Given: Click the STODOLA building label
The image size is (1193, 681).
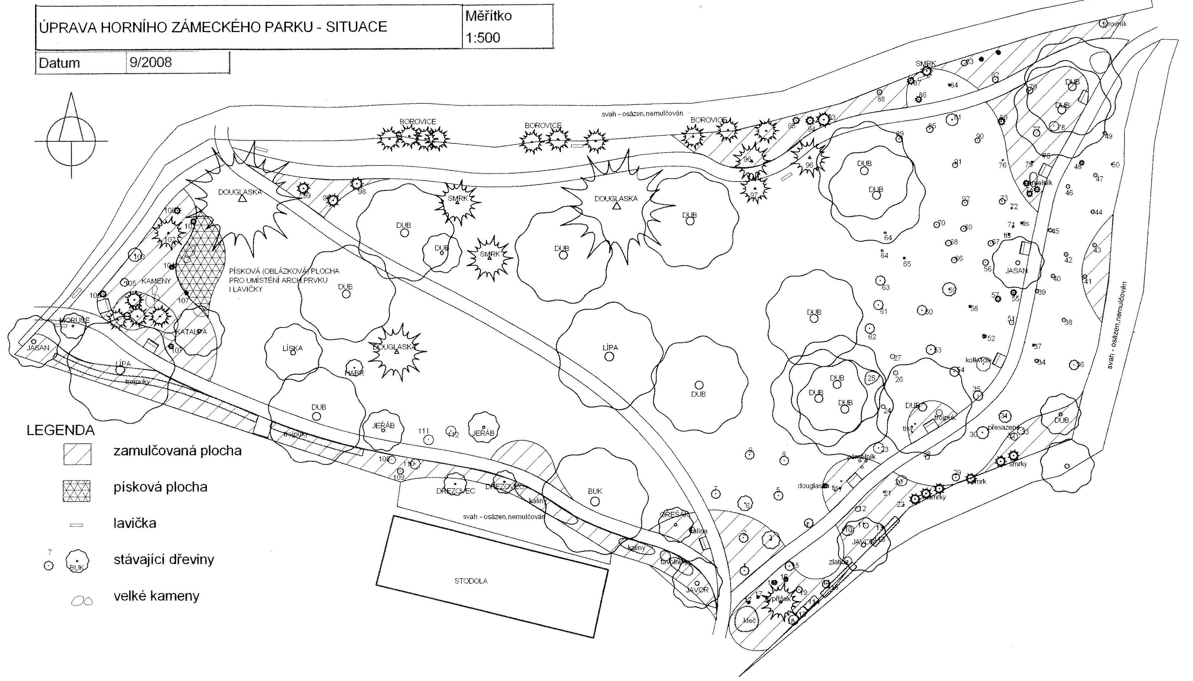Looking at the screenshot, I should point(471,581).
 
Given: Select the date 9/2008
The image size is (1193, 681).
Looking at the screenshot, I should point(151,62).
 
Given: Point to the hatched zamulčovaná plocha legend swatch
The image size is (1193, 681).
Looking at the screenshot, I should point(77,454).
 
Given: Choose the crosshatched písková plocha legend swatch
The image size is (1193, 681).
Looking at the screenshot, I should point(77,491).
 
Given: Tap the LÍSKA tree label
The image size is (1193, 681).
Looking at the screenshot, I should point(293,348).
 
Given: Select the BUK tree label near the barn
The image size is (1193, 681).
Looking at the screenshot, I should point(595,491).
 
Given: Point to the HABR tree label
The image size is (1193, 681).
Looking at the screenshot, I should point(354,373).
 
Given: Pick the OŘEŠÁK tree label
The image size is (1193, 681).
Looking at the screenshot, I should point(674,514).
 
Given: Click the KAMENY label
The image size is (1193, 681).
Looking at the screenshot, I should point(156,281).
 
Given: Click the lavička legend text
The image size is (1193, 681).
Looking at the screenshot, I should point(135,523).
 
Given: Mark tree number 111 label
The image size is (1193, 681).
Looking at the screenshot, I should point(424,431).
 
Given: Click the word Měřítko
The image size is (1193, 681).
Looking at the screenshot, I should point(488,16).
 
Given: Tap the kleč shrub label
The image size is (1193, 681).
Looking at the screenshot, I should point(750,620).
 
